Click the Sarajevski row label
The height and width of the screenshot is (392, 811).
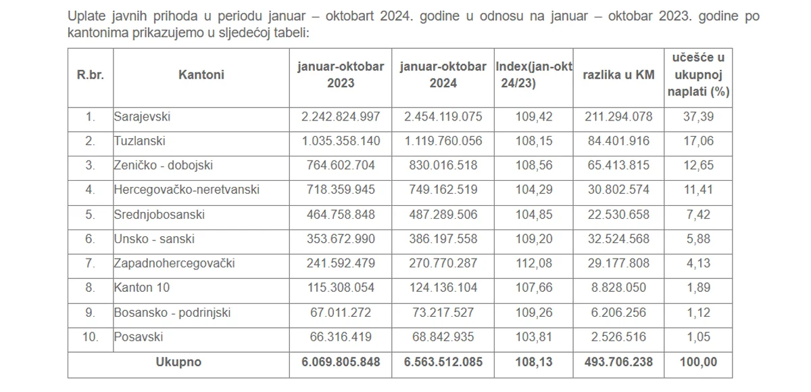click(x=142, y=116)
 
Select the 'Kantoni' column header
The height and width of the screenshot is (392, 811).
click(x=201, y=74)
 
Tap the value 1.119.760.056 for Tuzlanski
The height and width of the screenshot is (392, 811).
click(x=443, y=141)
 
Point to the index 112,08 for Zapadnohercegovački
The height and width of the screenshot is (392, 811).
click(x=534, y=263)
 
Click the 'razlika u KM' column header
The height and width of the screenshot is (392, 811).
click(x=618, y=74)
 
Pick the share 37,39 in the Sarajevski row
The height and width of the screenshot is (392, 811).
click(x=699, y=116)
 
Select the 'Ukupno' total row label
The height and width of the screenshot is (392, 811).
click(x=178, y=362)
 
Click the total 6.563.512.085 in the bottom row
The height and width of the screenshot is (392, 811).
click(x=443, y=362)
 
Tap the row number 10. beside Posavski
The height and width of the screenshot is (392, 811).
click(x=91, y=336)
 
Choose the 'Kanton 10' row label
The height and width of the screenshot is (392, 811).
click(x=142, y=288)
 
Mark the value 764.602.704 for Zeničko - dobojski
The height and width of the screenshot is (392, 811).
click(x=341, y=165)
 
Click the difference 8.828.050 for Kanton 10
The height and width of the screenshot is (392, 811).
click(x=618, y=288)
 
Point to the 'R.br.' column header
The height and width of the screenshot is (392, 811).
click(x=91, y=74)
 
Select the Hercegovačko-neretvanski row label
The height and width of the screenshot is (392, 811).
click(x=187, y=190)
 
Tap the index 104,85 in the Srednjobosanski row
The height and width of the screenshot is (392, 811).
click(x=534, y=214)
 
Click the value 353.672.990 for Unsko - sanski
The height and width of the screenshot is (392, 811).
click(x=341, y=238)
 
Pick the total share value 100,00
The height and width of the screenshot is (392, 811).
click(x=699, y=362)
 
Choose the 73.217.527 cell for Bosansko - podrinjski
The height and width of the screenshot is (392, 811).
click(x=443, y=312)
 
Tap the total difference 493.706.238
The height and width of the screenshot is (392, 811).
click(x=618, y=362)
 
